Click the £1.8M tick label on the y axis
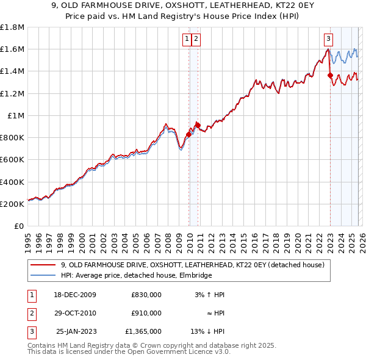(x=12, y=27)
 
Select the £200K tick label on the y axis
(x=12, y=204)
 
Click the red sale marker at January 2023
(x=331, y=76)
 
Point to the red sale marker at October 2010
(x=198, y=125)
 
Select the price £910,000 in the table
(x=146, y=313)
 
